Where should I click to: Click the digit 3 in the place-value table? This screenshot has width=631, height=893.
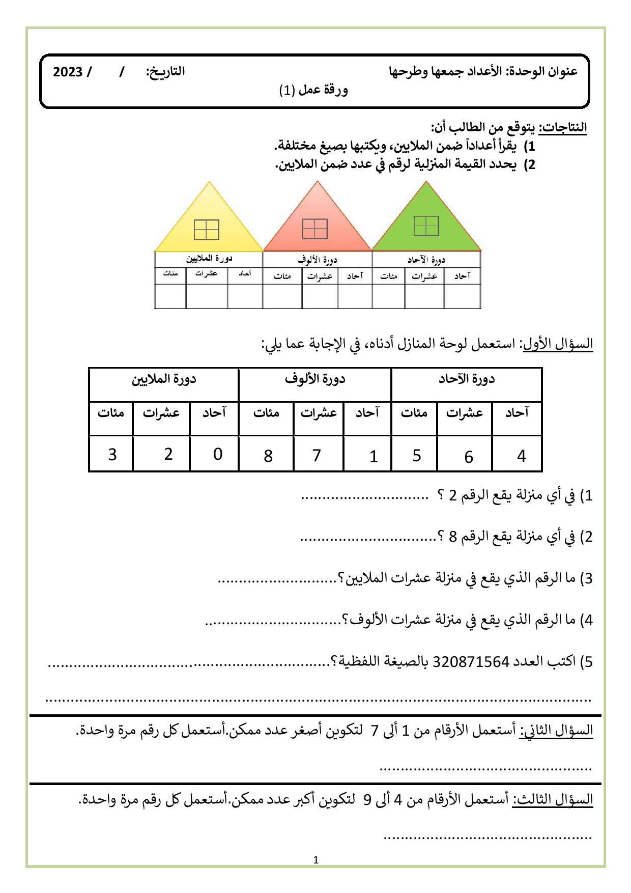112,454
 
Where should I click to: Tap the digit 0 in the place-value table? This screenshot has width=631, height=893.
218,454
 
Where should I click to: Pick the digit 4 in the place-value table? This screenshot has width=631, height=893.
521,456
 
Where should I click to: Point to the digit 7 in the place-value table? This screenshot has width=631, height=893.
317,455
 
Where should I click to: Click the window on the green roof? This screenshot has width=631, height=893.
426,226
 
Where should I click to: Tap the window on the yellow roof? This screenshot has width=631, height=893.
207,230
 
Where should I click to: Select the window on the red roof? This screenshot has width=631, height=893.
315,229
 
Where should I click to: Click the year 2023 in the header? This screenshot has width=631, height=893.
68,72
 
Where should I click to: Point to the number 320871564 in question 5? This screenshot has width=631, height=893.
470,662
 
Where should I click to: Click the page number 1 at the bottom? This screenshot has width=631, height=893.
316,860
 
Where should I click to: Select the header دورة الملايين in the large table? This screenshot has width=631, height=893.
164,380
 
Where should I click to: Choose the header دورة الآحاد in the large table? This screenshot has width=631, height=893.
467,380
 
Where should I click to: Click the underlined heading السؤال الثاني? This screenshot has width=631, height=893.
556,731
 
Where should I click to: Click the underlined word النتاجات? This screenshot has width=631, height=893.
563,127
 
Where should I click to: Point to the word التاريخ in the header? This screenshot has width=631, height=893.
166,72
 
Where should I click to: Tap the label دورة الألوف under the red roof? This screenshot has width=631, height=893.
318,260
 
